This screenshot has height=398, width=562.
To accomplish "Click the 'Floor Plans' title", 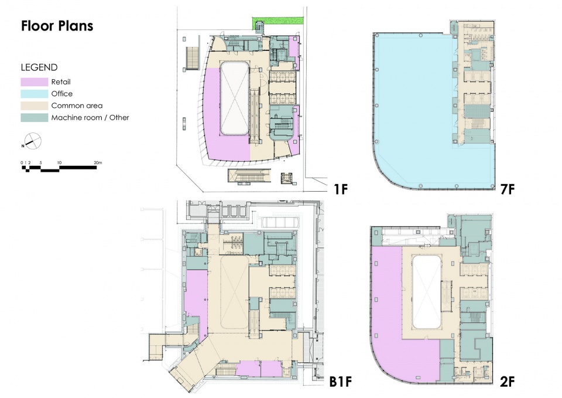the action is point(57,26).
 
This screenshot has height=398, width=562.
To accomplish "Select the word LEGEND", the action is point(39,67).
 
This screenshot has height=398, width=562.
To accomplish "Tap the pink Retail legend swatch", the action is point(35,82).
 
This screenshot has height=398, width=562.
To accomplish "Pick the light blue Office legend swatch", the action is point(35,94).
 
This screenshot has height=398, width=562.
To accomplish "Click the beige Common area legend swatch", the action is point(35,106).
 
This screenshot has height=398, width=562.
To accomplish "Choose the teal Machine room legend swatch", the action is point(35,118).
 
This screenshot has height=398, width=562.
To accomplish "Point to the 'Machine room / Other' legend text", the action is point(90,118).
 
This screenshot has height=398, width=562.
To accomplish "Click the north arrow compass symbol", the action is point(32,141).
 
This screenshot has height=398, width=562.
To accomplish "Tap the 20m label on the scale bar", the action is point(98,162).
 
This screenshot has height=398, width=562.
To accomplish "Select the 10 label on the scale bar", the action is point(59,162).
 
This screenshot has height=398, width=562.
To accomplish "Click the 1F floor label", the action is point(341,189).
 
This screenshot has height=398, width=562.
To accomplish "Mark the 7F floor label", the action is point(507,189).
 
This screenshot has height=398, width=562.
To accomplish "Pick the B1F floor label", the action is point(341,382).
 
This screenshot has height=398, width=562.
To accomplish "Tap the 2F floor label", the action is point(507,382).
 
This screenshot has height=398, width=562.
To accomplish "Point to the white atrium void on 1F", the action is point(234,98).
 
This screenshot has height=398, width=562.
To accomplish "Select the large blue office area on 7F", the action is point(412,108).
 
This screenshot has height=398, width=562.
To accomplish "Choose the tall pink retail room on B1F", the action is point(197,301).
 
